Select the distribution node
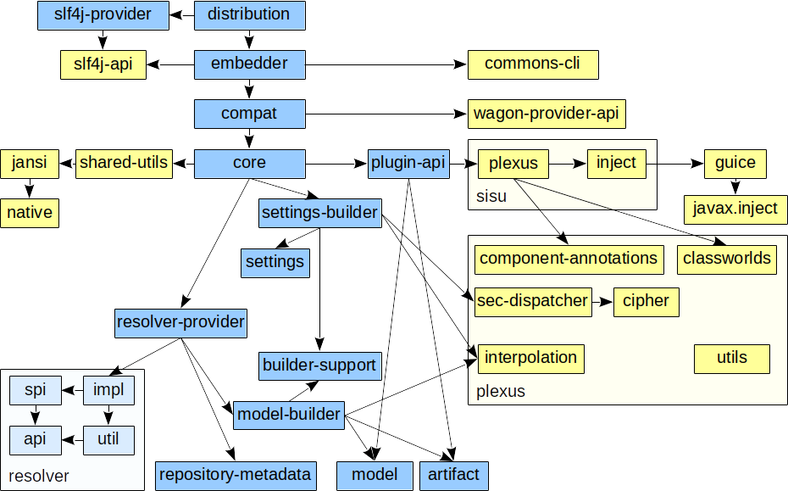click(x=249, y=15)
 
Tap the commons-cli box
click(x=533, y=64)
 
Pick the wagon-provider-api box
click(x=551, y=114)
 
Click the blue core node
click(x=249, y=163)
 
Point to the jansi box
click(x=30, y=163)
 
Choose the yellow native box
click(x=30, y=213)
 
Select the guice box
click(x=735, y=163)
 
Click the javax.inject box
click(x=735, y=209)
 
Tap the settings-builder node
click(x=319, y=213)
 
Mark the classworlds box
click(x=727, y=259)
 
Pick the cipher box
click(x=646, y=301)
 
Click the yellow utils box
click(x=732, y=358)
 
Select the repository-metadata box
click(x=236, y=475)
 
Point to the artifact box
click(x=454, y=475)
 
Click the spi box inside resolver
click(x=35, y=390)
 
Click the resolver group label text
click(x=39, y=476)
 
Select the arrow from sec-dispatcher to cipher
click(x=602, y=301)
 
